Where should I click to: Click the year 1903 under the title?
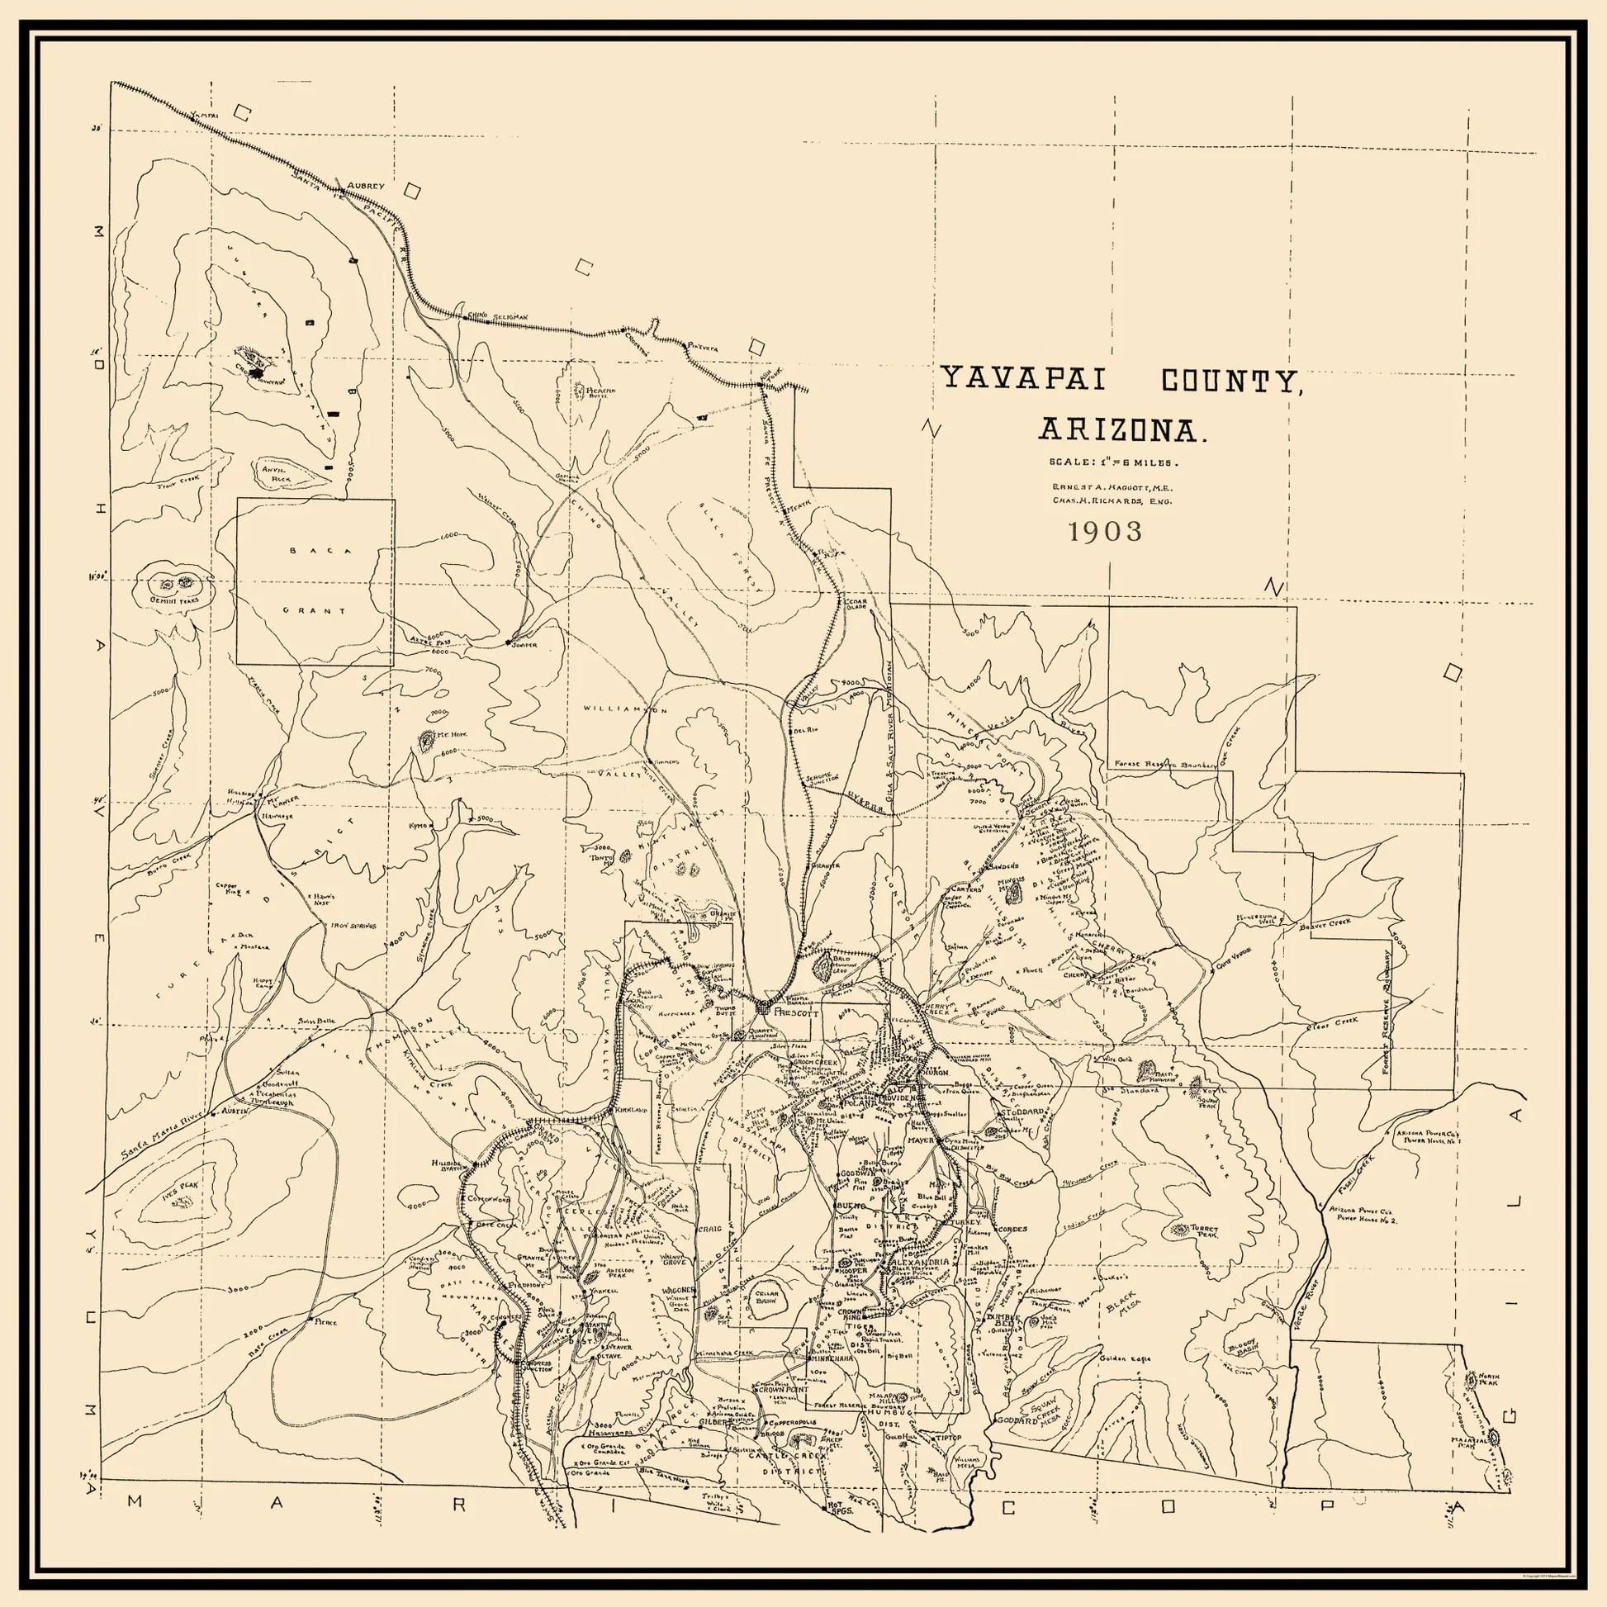(x=1106, y=532)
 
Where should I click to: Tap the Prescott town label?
(x=796, y=1015)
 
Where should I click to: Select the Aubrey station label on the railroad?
(x=366, y=186)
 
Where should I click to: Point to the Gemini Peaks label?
(x=174, y=600)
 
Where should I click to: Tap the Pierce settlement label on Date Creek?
(x=325, y=1322)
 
